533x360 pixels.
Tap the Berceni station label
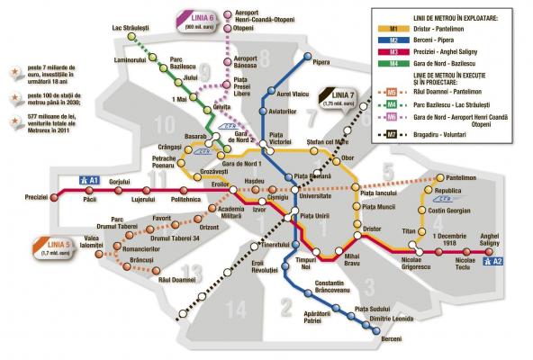[366, 338]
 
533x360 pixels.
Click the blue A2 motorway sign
[494, 263]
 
